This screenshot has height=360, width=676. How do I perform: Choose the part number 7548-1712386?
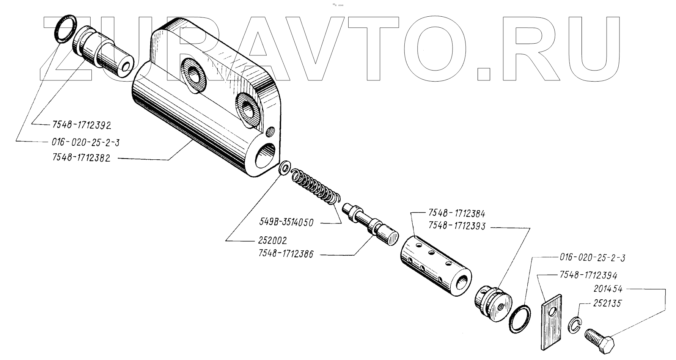pyautogui.click(x=286, y=254)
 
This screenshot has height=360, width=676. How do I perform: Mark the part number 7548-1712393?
pyautogui.click(x=457, y=226)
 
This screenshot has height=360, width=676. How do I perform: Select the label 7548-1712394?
pyautogui.click(x=588, y=275)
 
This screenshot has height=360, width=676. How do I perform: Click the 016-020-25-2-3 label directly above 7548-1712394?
pyautogui.click(x=592, y=258)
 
